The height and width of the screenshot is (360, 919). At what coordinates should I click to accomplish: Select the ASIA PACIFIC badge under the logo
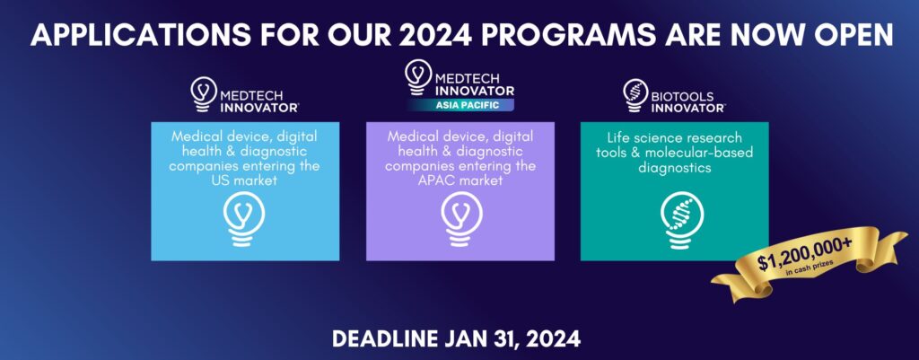459,105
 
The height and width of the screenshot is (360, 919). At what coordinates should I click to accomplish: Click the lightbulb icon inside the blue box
244,219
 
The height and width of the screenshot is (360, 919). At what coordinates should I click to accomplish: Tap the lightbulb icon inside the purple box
459,219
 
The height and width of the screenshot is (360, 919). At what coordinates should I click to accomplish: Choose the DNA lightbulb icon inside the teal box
674,219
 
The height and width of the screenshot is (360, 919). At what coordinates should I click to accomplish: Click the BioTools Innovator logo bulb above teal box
635,92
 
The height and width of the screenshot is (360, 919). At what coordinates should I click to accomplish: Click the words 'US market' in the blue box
245,180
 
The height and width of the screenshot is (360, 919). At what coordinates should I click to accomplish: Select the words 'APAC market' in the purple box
459,180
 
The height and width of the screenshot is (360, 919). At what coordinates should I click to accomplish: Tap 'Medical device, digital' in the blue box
245,135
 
